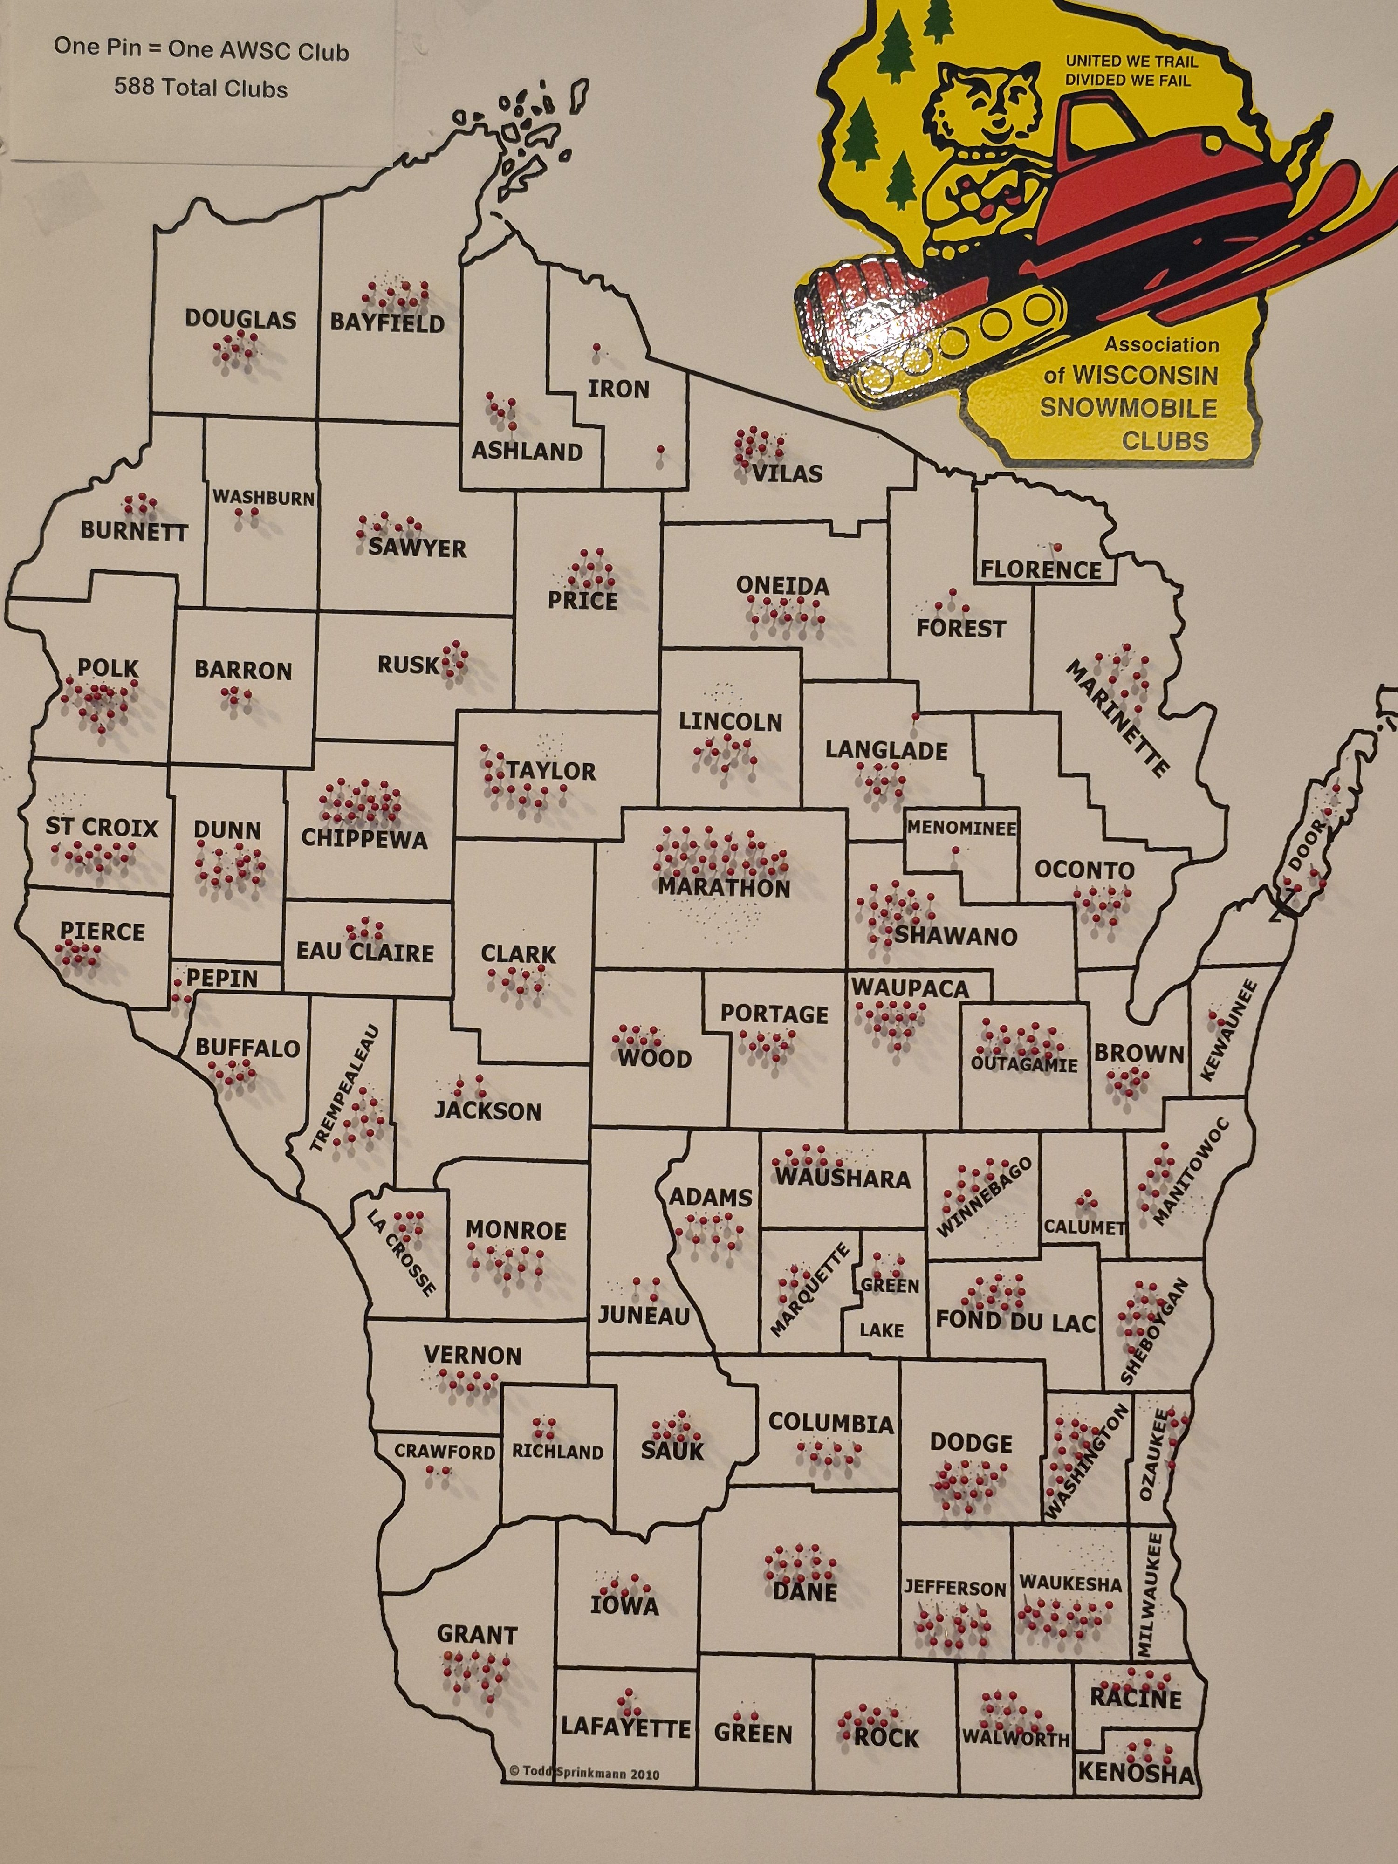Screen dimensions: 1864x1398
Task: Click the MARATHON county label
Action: [x=724, y=888]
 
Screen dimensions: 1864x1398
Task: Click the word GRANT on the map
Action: [x=477, y=1635]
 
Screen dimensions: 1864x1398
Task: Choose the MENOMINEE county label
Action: [x=961, y=829]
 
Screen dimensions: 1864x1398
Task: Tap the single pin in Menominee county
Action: [x=955, y=851]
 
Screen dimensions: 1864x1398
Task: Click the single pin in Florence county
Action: [x=1057, y=547]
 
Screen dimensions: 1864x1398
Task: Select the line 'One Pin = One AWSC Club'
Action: [x=201, y=50]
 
